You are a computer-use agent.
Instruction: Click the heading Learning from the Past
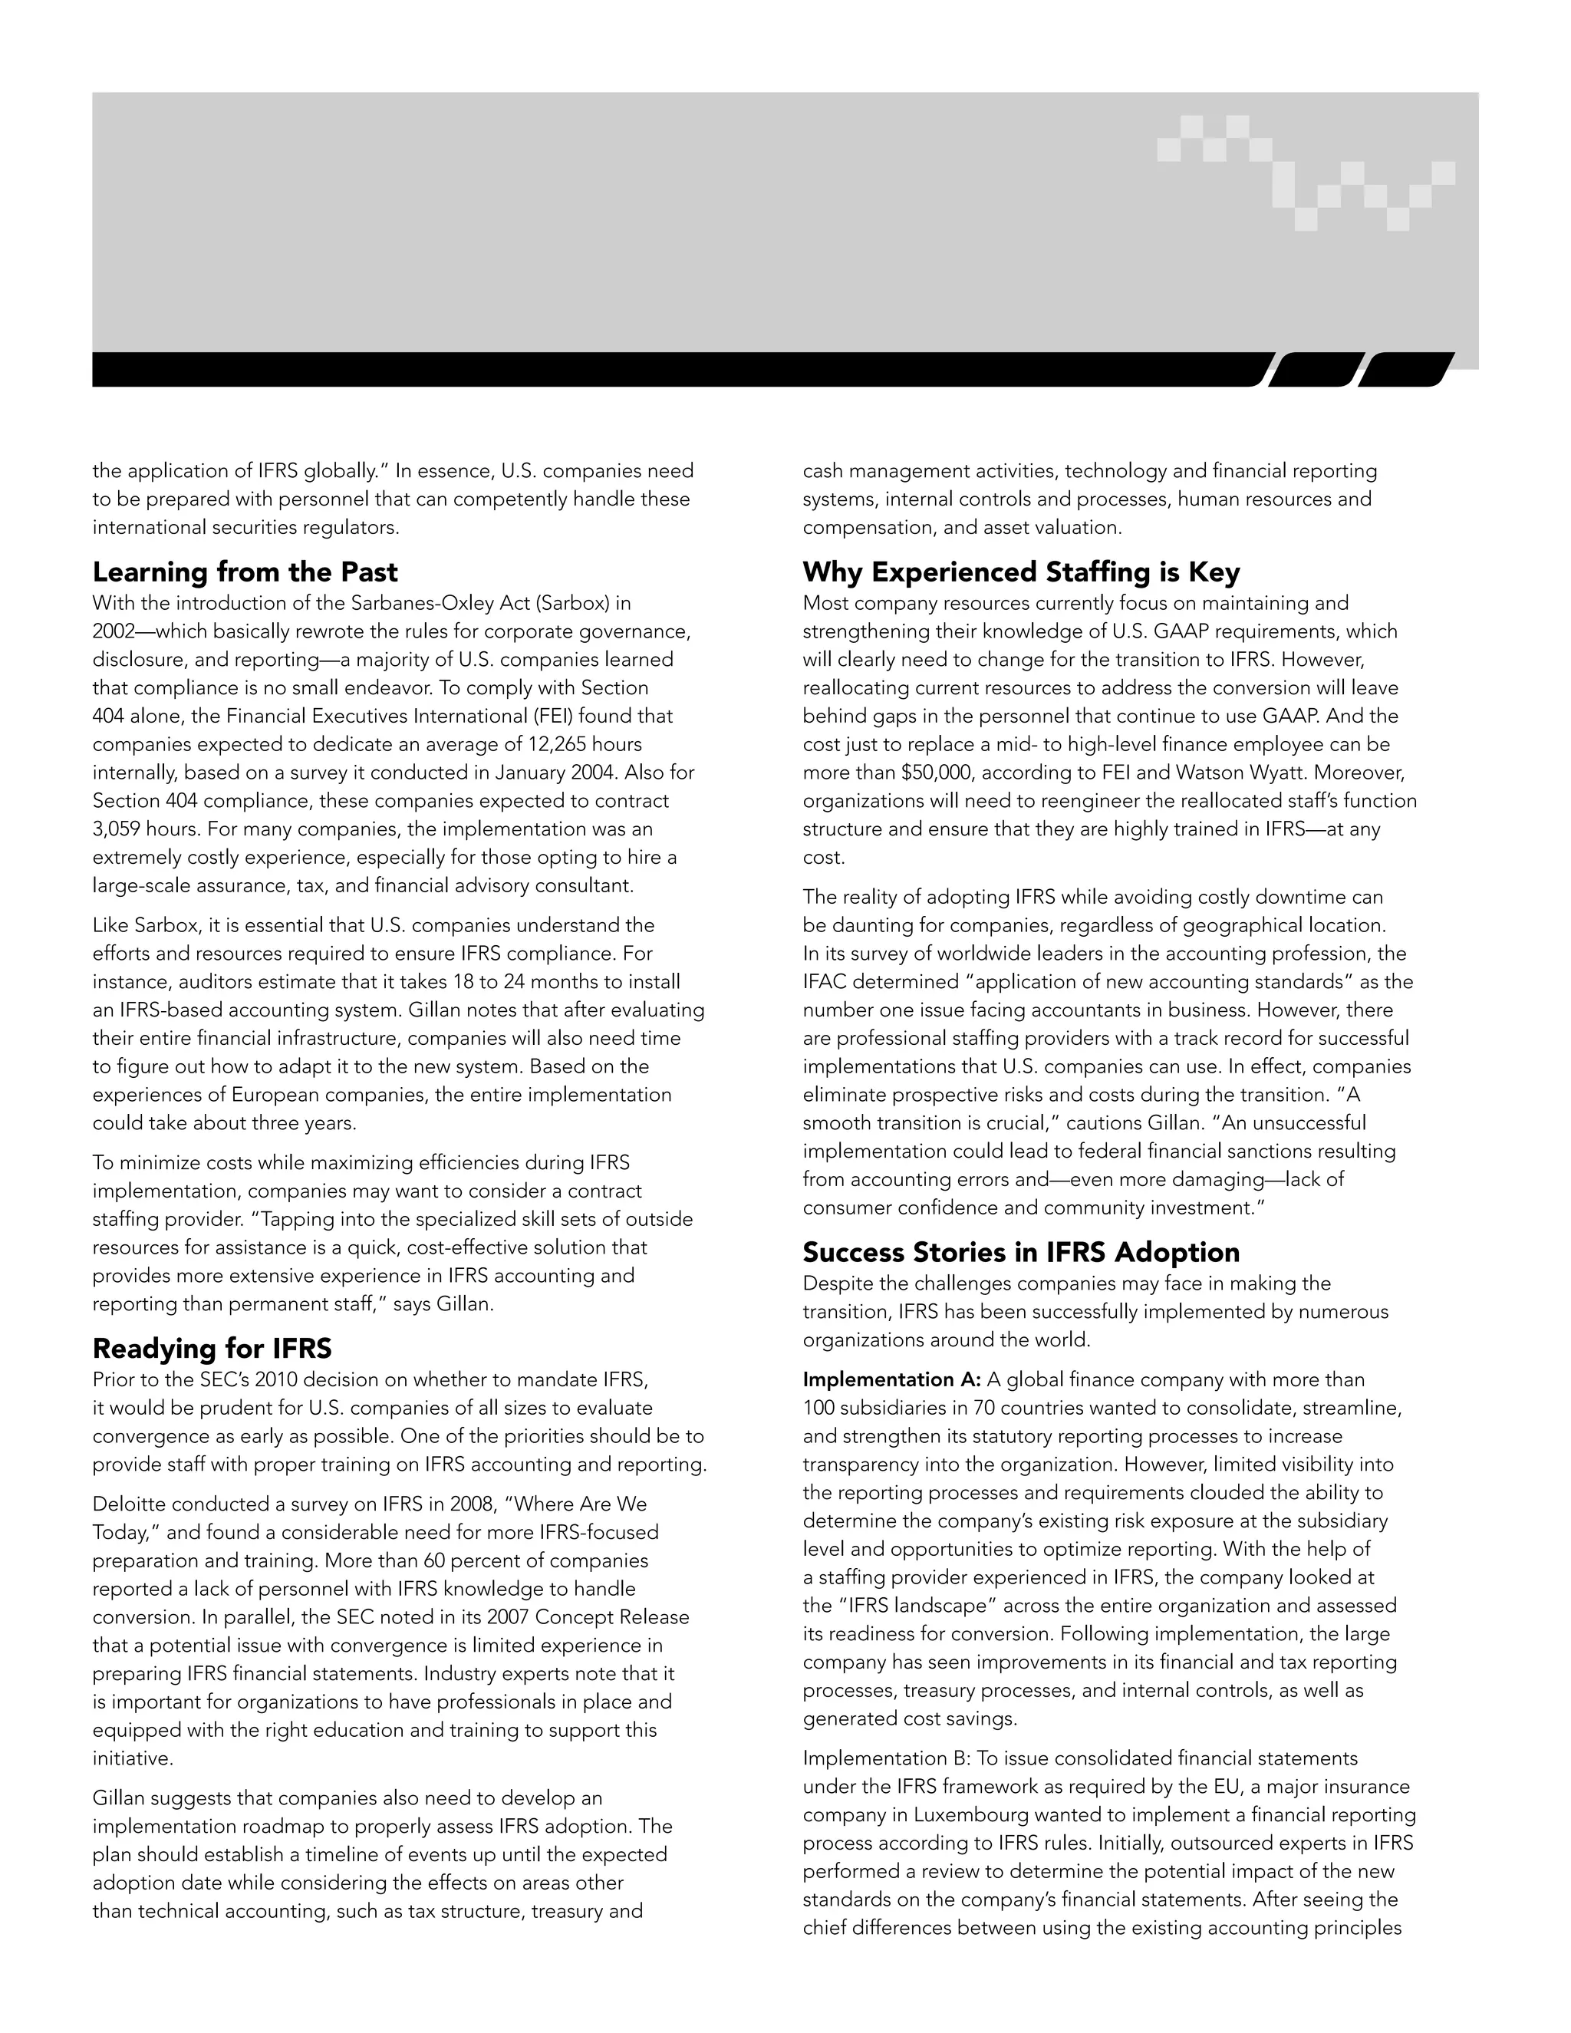245,572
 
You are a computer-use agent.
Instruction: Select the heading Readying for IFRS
212,1348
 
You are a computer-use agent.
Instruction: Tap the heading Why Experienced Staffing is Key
1021,572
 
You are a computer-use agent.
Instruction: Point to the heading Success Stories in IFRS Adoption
1021,1252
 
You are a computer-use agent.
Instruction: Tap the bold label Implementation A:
891,1379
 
